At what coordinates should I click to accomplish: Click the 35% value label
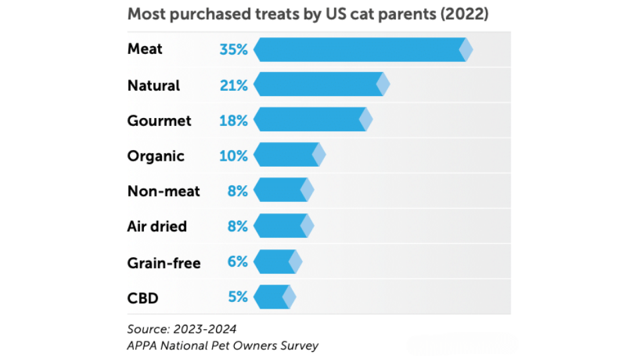(233, 50)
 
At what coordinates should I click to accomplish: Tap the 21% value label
(233, 85)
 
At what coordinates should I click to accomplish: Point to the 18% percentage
(233, 121)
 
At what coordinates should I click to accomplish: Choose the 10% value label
(233, 156)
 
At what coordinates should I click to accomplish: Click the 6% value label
(237, 262)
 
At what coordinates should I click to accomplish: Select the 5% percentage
(237, 297)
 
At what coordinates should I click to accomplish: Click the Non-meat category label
(163, 191)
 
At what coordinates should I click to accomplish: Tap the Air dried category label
(157, 227)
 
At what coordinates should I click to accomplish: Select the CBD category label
(143, 298)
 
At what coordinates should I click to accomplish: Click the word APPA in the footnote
(142, 345)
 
